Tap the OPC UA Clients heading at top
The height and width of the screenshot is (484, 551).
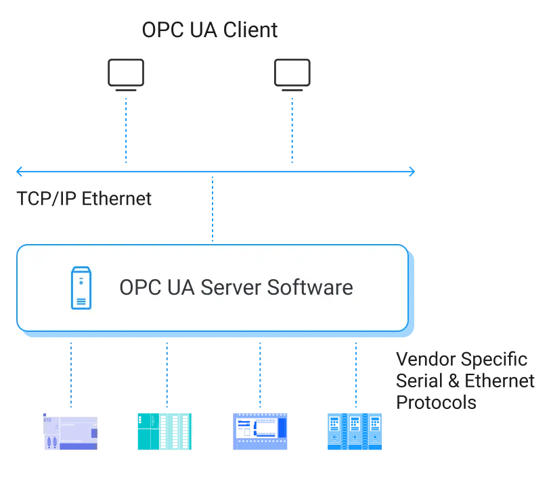(x=211, y=29)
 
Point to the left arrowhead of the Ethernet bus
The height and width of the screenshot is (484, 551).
(x=21, y=172)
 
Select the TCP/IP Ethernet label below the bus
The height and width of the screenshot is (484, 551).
(x=83, y=199)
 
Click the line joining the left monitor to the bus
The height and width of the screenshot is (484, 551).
(x=126, y=132)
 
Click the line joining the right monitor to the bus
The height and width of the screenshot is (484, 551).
(x=292, y=132)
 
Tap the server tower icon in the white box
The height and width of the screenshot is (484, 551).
(x=81, y=288)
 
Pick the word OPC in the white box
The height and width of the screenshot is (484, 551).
(x=137, y=287)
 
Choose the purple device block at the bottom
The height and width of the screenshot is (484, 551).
(x=70, y=433)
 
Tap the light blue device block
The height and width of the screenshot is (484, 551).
(x=354, y=431)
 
